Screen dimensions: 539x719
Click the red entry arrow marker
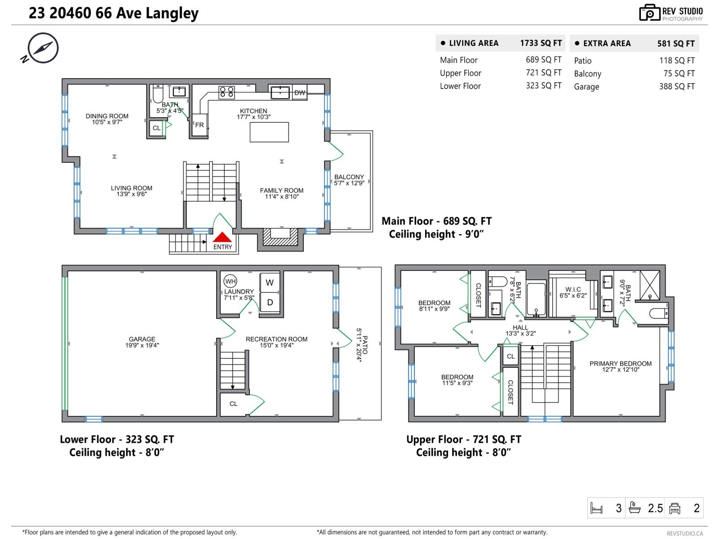click(222, 238)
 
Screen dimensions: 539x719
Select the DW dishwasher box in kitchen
click(300, 93)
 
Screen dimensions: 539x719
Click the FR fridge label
click(199, 125)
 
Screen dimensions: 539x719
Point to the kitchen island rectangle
click(269, 132)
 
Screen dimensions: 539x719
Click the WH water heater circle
click(230, 282)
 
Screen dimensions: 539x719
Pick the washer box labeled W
click(270, 283)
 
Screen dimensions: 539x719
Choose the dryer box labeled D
click(270, 303)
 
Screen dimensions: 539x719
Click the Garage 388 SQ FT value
click(677, 86)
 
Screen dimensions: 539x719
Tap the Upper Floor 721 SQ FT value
click(543, 73)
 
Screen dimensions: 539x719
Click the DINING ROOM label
click(107, 116)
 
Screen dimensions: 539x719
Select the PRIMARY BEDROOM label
click(620, 363)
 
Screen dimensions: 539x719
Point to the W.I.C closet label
click(573, 290)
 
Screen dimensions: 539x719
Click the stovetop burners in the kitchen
click(226, 92)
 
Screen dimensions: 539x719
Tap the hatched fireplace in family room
click(281, 237)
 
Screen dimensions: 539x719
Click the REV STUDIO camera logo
click(649, 13)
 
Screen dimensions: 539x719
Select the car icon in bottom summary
click(675, 508)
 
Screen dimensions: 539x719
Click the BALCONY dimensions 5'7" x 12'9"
click(349, 183)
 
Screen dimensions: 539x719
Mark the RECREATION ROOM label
click(276, 339)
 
